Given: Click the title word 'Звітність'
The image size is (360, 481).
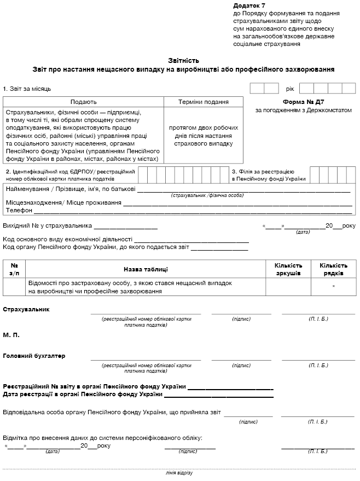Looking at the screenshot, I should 183,61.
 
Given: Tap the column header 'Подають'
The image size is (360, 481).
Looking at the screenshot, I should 84,102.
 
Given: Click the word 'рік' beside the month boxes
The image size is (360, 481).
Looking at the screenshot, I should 290,89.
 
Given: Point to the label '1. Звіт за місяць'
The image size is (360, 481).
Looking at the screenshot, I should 27,89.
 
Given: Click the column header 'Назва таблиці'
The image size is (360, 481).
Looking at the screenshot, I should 146,269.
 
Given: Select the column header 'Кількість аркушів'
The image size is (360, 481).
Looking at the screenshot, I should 288,269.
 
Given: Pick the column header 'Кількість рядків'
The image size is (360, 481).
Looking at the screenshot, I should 333,269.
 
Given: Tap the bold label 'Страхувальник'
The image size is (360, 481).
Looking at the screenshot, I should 26,309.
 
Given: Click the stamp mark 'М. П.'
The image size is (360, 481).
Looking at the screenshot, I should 12,334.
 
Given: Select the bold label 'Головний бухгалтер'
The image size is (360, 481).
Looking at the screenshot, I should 34,356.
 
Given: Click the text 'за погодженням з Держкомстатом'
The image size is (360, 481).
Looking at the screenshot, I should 303,111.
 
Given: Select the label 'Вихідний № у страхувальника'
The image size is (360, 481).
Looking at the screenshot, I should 48,225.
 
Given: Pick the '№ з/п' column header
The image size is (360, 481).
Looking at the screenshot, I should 14,269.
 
